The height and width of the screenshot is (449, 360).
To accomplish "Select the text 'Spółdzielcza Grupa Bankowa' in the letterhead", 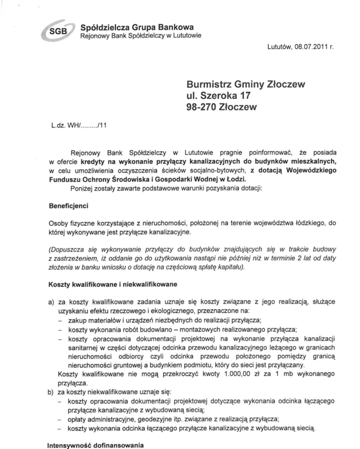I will tap(129, 27).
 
